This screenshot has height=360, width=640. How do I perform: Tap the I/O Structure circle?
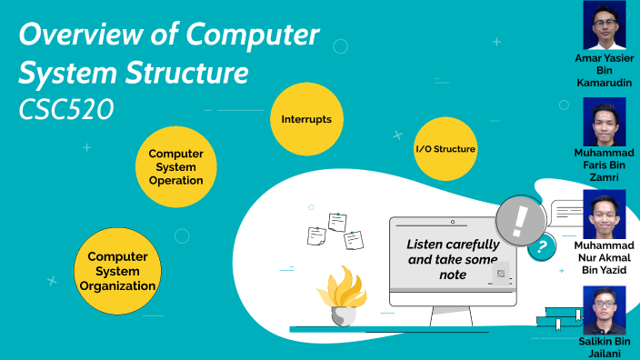click(445, 148)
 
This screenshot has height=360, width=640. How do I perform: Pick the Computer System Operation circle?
click(175, 166)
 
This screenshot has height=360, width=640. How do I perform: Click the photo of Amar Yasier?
click(603, 25)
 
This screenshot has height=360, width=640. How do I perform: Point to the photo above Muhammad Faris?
click(603, 122)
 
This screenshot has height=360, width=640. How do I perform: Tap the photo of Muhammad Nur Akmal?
click(603, 215)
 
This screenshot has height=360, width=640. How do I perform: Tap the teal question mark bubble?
click(542, 245)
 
